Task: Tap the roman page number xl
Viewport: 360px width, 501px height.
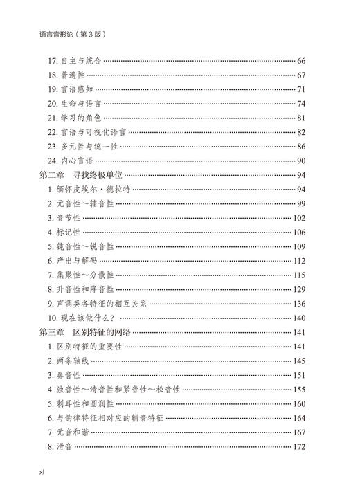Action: click(43, 471)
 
